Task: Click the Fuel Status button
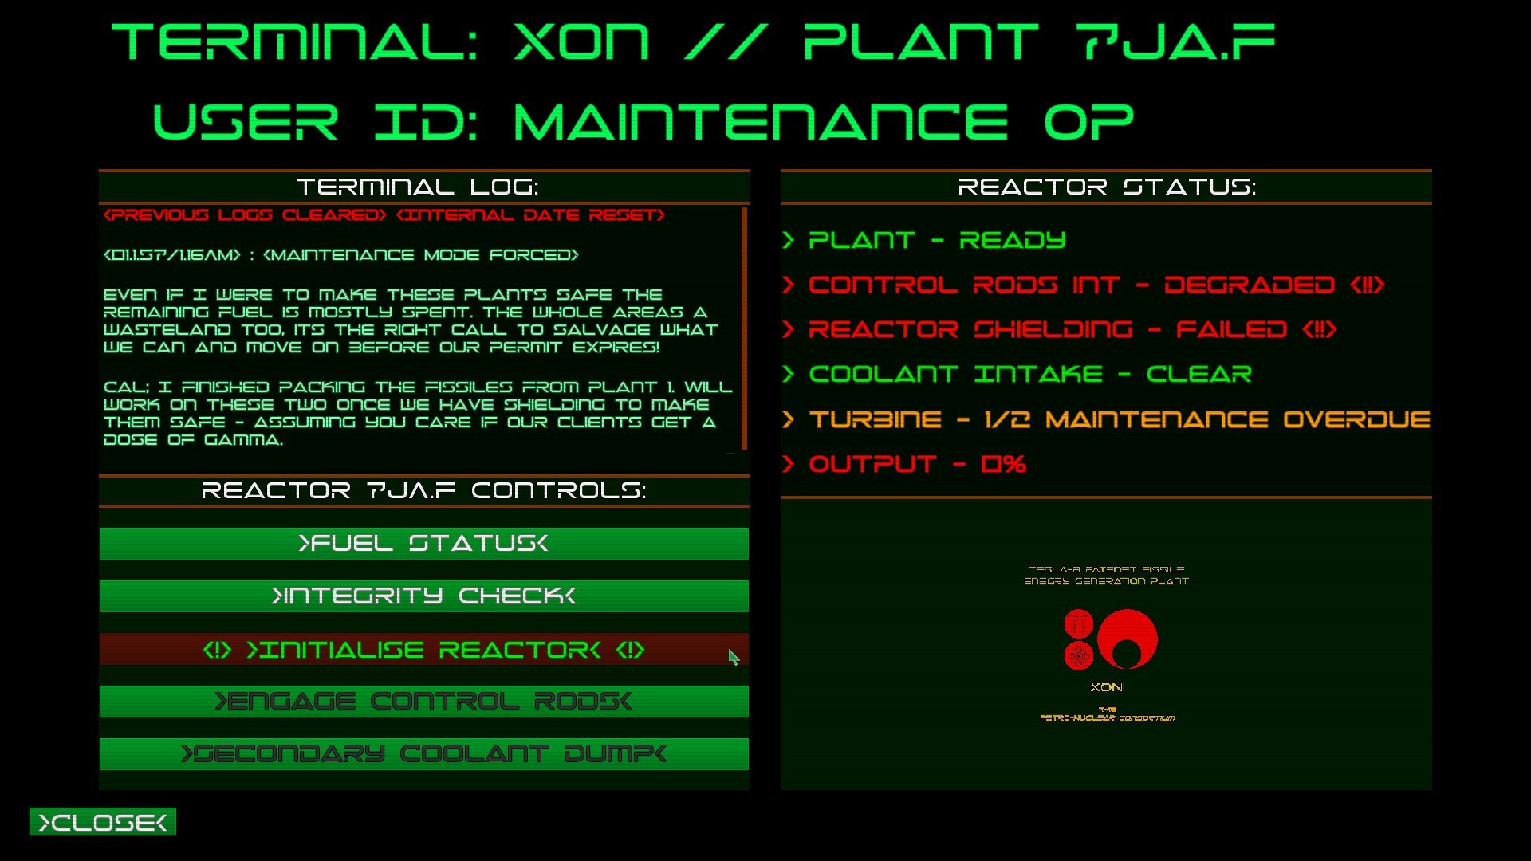tap(423, 544)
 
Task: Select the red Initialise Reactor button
tap(423, 650)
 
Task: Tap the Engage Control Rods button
tap(423, 702)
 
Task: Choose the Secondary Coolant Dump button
tap(423, 754)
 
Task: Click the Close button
tap(103, 822)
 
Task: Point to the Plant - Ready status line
tap(936, 240)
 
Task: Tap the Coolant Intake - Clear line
tap(1029, 374)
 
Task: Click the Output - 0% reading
tap(917, 464)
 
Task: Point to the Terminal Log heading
tap(417, 187)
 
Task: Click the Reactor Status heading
tap(1106, 187)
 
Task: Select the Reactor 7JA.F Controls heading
tap(423, 490)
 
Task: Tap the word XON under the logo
tap(1106, 687)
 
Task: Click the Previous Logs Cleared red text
tap(245, 215)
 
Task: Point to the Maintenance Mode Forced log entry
tap(420, 255)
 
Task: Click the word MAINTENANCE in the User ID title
tap(761, 122)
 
